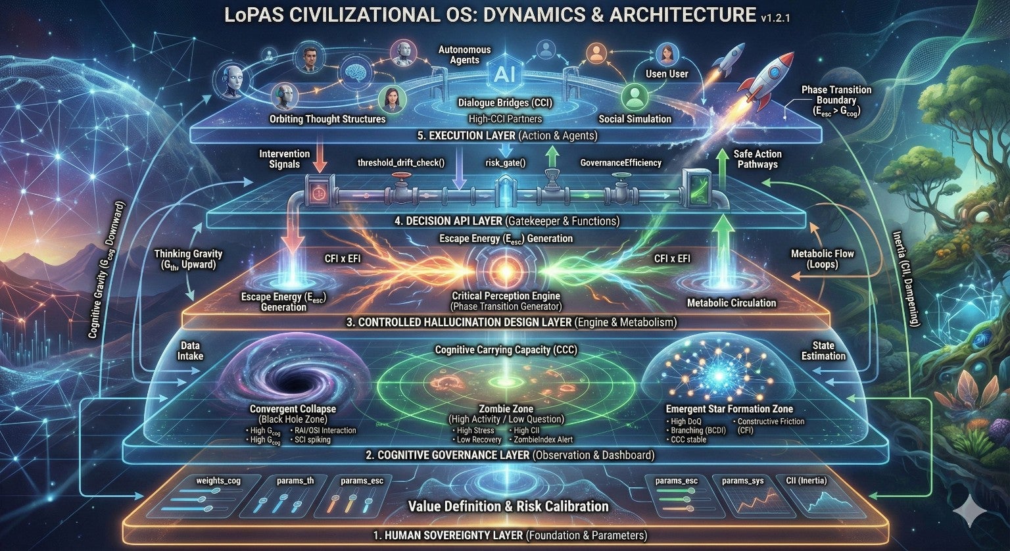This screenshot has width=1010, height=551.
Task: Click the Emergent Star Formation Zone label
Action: coord(729,408)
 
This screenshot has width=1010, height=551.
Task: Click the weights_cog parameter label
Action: coord(218,481)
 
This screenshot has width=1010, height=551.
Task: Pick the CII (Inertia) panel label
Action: coord(807,481)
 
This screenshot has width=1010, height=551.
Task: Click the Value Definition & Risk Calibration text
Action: coord(508,506)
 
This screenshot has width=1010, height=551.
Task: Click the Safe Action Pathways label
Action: coord(757,159)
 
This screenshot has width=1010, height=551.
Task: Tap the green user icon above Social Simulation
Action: coord(635,97)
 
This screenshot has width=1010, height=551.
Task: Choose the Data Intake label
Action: coord(191,350)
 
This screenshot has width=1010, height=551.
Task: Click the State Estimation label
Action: coord(823,350)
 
